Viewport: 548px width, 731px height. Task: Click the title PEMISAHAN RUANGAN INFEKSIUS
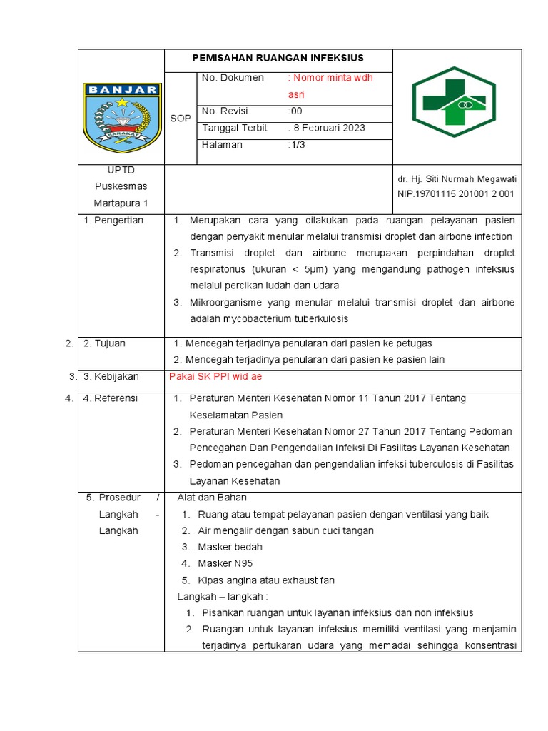(278, 58)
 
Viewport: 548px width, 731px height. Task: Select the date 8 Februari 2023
(327, 128)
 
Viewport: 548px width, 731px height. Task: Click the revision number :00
(295, 111)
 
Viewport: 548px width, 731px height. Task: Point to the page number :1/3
(296, 145)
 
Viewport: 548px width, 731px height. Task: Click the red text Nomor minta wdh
(330, 78)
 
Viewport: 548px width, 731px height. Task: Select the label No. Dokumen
(233, 78)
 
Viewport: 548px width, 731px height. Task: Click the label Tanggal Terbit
(235, 128)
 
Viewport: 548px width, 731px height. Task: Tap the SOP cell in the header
(180, 119)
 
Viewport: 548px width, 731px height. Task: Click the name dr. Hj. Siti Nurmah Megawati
(457, 179)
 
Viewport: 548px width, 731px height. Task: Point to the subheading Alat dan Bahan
(212, 498)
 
